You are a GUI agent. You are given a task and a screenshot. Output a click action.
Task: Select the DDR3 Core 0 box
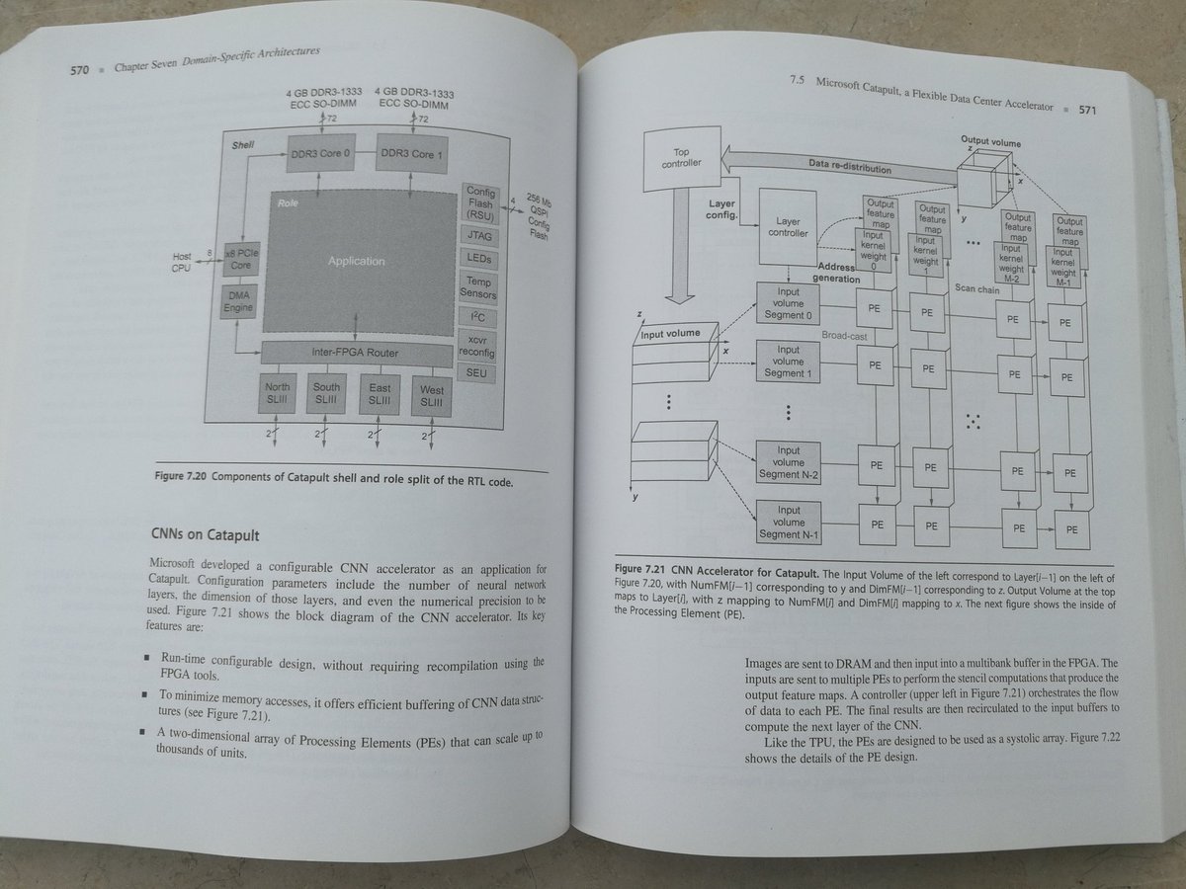(x=318, y=155)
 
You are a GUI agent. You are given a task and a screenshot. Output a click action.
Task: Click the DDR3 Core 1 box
(x=413, y=155)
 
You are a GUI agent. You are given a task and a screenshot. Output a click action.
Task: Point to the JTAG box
(x=478, y=236)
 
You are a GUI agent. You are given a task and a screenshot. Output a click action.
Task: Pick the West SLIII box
(x=432, y=396)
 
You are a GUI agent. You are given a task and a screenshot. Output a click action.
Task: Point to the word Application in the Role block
(x=356, y=261)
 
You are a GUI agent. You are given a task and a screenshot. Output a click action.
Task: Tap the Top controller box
(x=681, y=157)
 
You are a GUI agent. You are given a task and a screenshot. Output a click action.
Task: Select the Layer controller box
(x=789, y=228)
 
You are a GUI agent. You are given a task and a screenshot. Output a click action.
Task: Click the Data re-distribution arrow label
(x=850, y=165)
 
